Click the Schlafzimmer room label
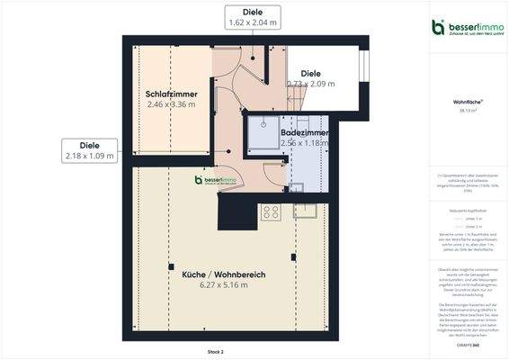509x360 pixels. (174, 94)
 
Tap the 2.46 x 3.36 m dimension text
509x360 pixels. (174, 104)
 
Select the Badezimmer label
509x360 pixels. (303, 132)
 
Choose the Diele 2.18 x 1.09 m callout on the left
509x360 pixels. (90, 150)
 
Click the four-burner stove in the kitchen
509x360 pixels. (270, 212)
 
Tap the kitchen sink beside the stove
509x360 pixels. (305, 212)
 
